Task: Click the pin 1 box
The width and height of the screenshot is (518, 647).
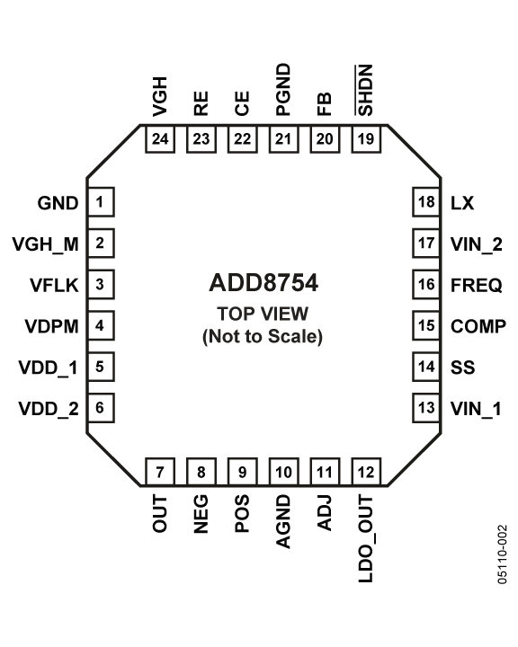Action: coord(101,202)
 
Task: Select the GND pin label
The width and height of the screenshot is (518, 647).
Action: coord(58,203)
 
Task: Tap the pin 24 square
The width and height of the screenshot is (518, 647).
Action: coord(160,139)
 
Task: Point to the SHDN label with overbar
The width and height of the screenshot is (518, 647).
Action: coord(365,91)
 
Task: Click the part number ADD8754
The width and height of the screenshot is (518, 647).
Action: coord(263,283)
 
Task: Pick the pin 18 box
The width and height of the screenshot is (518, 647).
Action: coord(426,202)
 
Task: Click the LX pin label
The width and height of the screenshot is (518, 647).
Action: coord(462,203)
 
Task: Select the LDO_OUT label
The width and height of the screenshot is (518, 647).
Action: coord(366,539)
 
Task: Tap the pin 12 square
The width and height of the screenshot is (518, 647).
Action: coord(366,472)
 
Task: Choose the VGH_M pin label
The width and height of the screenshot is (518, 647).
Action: coord(46,244)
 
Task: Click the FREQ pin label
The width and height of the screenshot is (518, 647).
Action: coord(477,285)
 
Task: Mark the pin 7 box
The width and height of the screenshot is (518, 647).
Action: coord(160,472)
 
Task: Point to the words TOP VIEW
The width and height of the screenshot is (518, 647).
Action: coord(263,314)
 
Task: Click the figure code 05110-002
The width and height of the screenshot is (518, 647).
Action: coord(502,554)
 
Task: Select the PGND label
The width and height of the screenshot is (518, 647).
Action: coord(283,90)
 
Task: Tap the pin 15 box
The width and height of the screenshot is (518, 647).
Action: coord(426,325)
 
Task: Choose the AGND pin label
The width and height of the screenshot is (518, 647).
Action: coord(283,521)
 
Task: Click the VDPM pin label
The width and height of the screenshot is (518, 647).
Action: coord(51,326)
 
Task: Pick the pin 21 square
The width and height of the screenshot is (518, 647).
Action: coord(283,139)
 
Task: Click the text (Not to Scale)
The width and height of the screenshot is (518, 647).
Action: coord(263,336)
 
